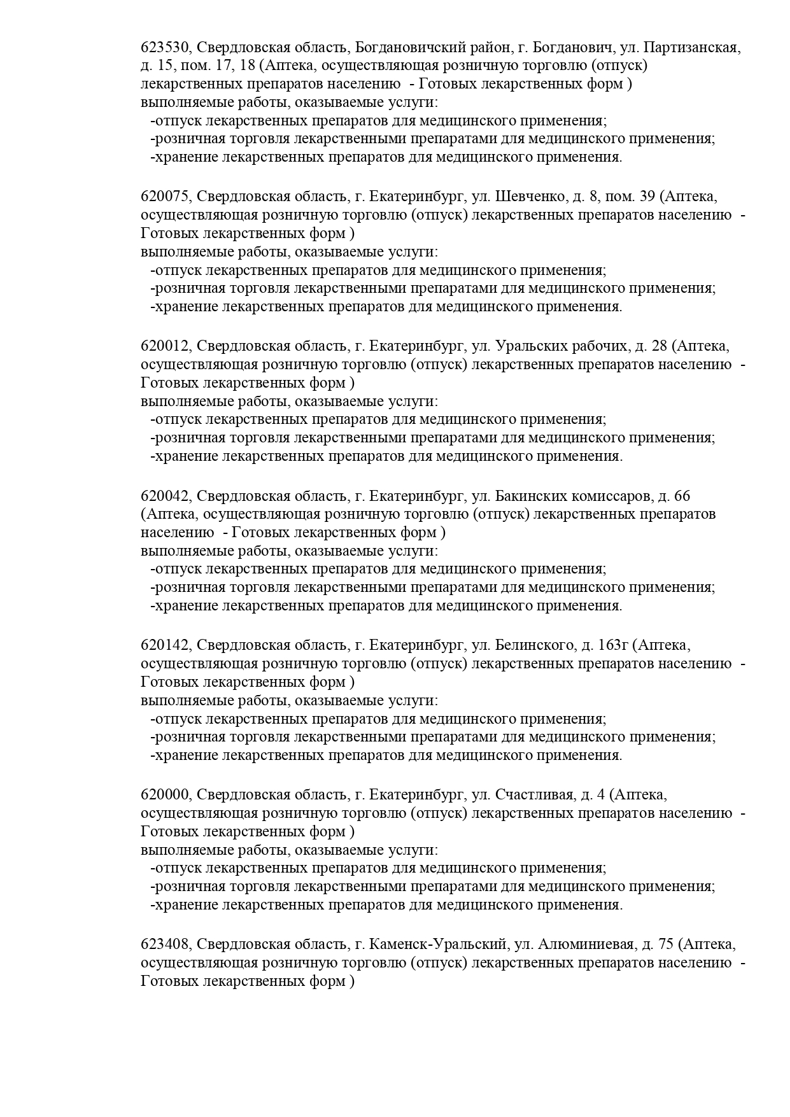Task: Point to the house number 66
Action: (x=681, y=496)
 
